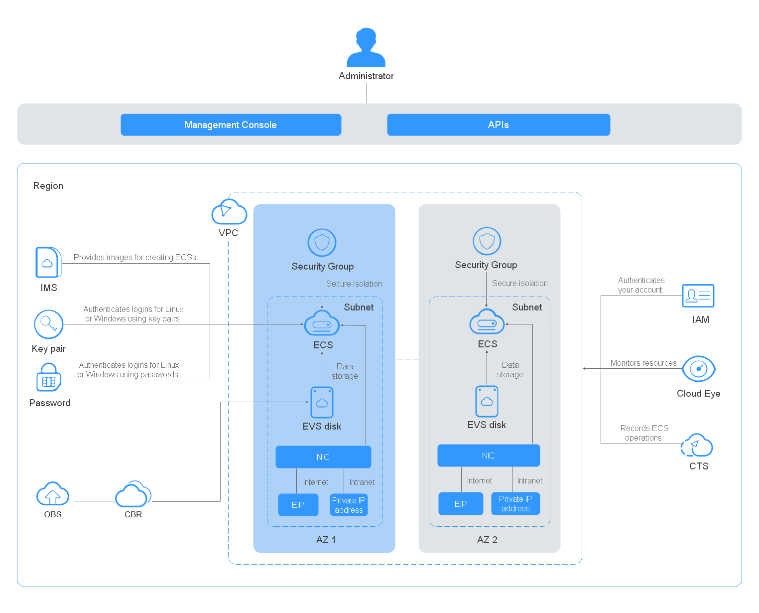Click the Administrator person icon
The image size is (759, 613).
click(x=366, y=48)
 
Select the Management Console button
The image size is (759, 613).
click(x=231, y=125)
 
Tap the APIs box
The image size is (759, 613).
click(x=499, y=125)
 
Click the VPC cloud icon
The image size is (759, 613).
click(x=229, y=212)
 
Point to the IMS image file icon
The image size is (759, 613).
click(x=48, y=263)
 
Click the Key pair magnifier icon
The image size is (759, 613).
click(x=49, y=324)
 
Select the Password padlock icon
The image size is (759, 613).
click(x=49, y=378)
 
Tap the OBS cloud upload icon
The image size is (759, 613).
click(x=53, y=494)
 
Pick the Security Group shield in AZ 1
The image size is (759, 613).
click(x=322, y=243)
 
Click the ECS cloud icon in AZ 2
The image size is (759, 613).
click(x=487, y=322)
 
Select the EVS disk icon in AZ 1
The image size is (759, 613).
click(x=322, y=402)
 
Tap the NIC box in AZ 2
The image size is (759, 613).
click(x=489, y=456)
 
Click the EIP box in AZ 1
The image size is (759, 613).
click(x=298, y=505)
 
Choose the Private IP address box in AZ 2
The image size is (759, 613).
click(x=515, y=503)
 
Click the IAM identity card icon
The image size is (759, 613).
click(x=698, y=296)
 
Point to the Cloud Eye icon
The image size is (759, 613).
click(x=699, y=369)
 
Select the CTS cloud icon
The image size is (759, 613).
click(x=697, y=445)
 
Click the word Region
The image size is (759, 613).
click(x=48, y=185)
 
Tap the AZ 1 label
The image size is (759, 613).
click(x=326, y=540)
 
